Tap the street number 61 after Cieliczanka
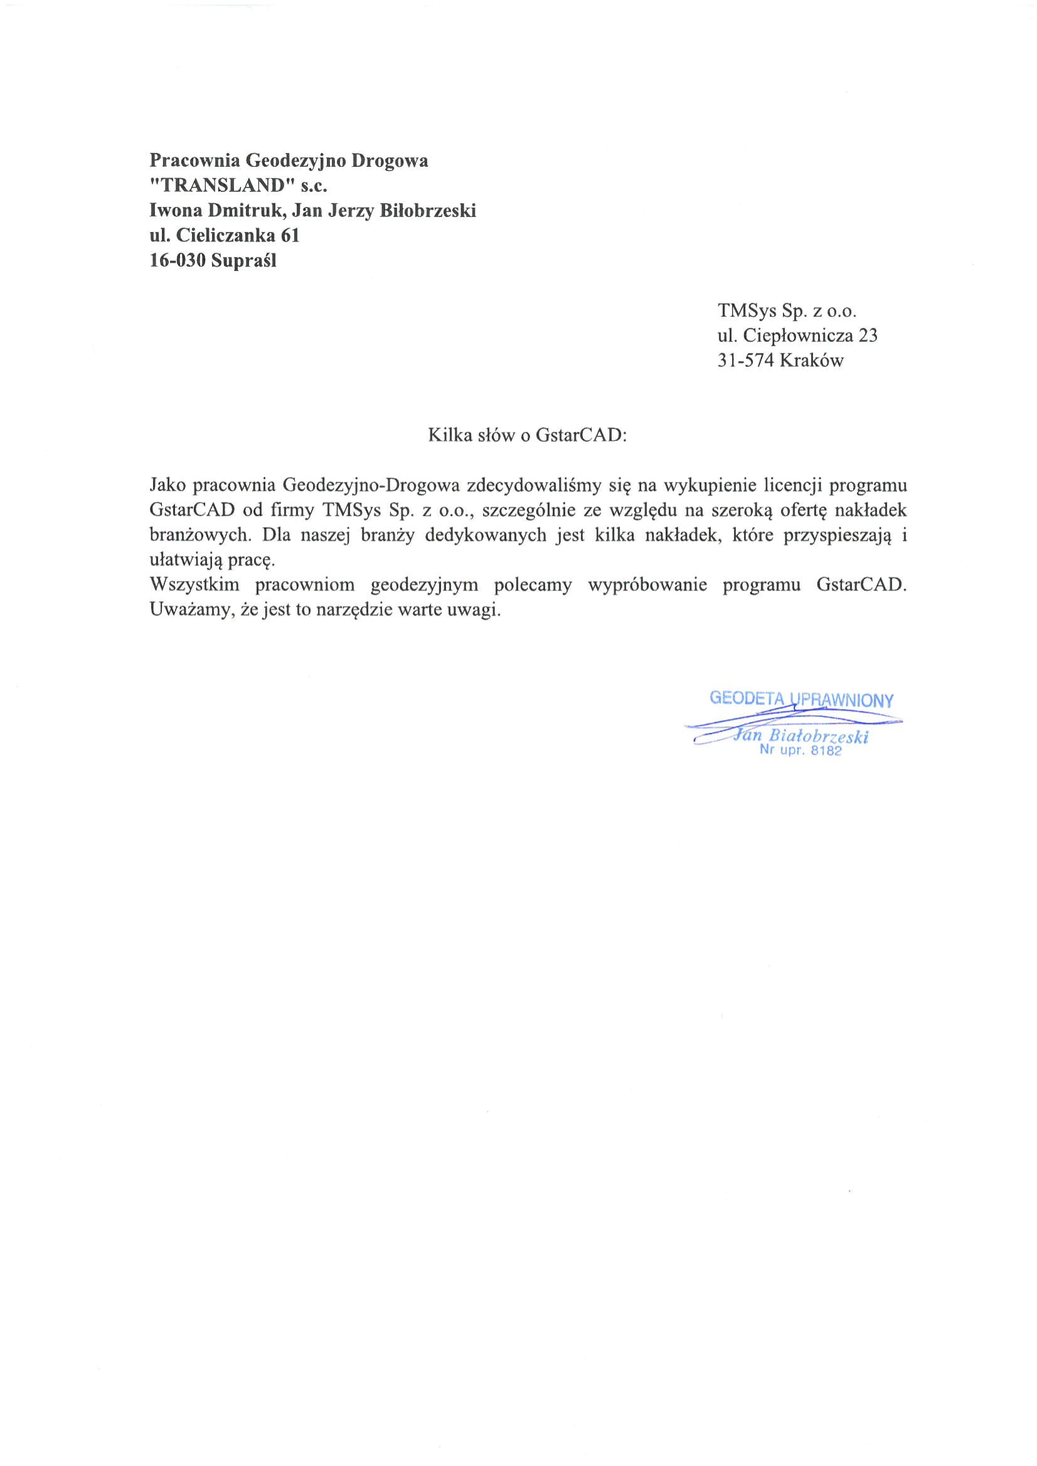pyautogui.click(x=290, y=236)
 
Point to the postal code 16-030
pyautogui.click(x=178, y=260)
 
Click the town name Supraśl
pyautogui.click(x=244, y=260)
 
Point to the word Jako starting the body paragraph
pyautogui.click(x=167, y=486)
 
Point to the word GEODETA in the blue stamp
pyautogui.click(x=746, y=698)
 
